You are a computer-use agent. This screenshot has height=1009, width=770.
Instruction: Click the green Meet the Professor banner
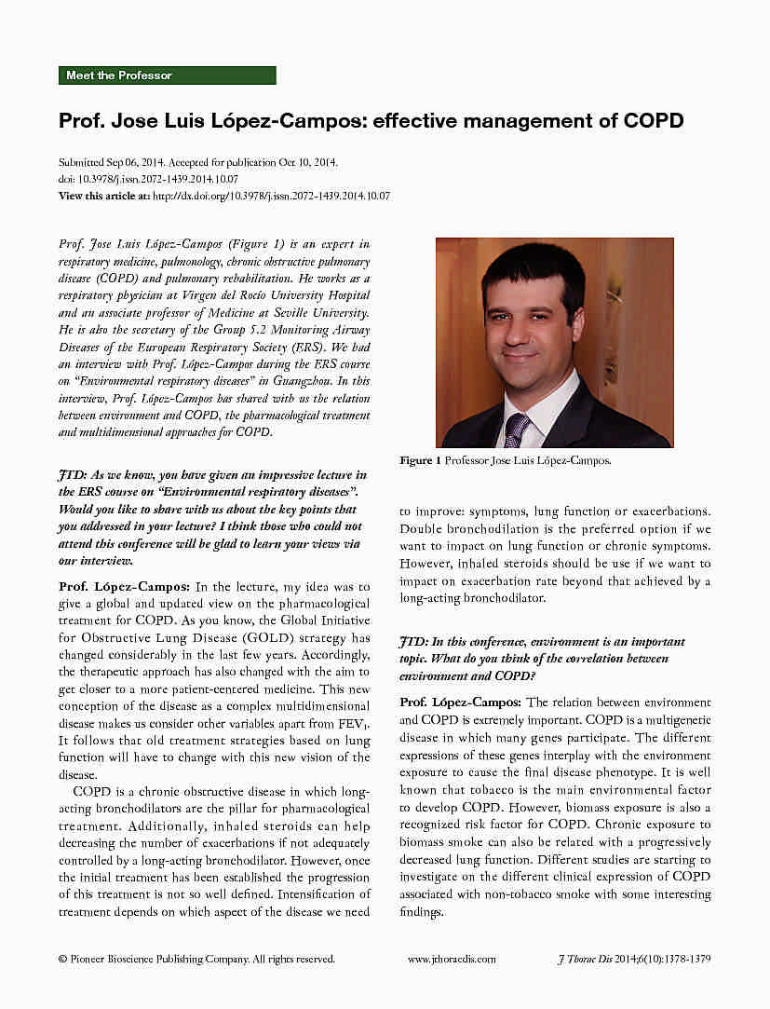coord(167,75)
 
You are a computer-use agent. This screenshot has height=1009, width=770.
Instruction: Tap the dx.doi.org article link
coord(270,196)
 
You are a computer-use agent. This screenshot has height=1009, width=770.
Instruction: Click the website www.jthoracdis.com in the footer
coord(452,958)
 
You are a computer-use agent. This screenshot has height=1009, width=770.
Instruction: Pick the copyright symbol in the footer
coord(62,958)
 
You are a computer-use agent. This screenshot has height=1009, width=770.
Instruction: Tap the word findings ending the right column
coord(420,911)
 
